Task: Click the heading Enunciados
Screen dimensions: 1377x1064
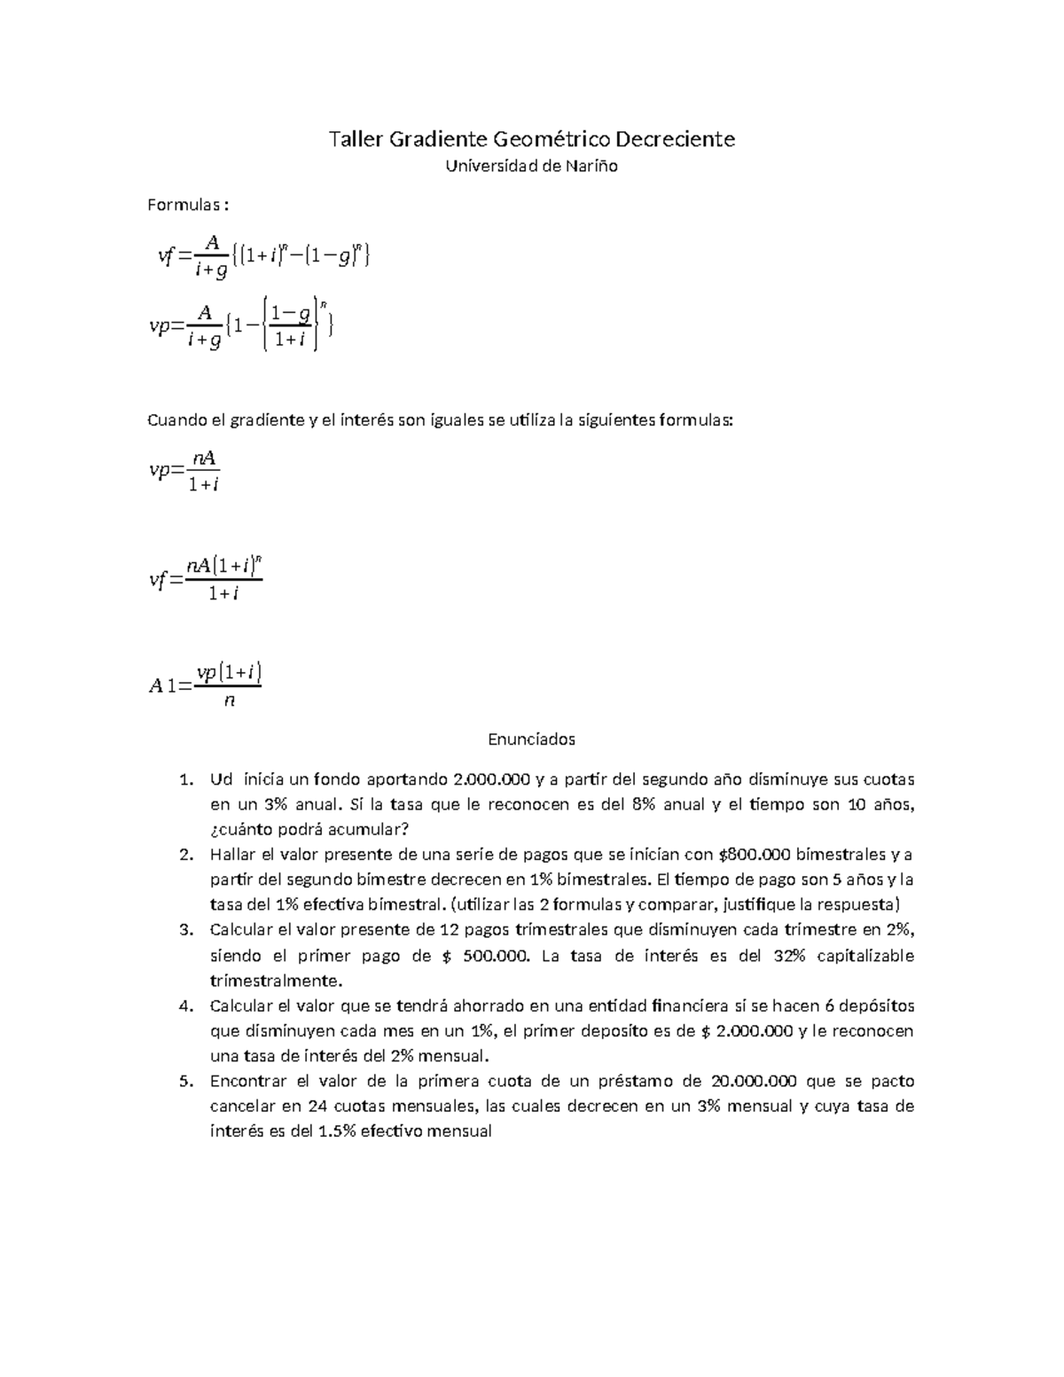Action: [x=532, y=739]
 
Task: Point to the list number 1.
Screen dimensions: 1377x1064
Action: [x=185, y=780]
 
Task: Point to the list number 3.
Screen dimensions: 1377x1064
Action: [x=185, y=930]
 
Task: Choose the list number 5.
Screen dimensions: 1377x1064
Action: [x=185, y=1081]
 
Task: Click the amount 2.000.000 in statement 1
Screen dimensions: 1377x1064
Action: [x=491, y=779]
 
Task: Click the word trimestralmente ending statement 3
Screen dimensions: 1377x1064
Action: [x=274, y=981]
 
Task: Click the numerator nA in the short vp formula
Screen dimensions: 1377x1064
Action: [x=204, y=458]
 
